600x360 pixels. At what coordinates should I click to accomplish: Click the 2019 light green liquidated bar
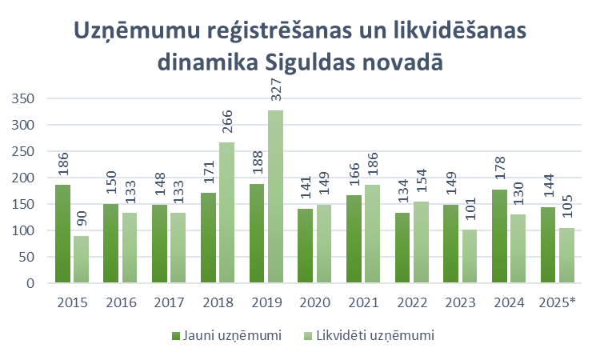275,196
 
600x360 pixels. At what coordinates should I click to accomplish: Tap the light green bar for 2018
226,212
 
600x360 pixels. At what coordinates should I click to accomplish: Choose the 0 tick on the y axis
33,283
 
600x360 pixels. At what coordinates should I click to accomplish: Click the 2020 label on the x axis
314,303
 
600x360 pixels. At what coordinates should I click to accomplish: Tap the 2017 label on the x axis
169,303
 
